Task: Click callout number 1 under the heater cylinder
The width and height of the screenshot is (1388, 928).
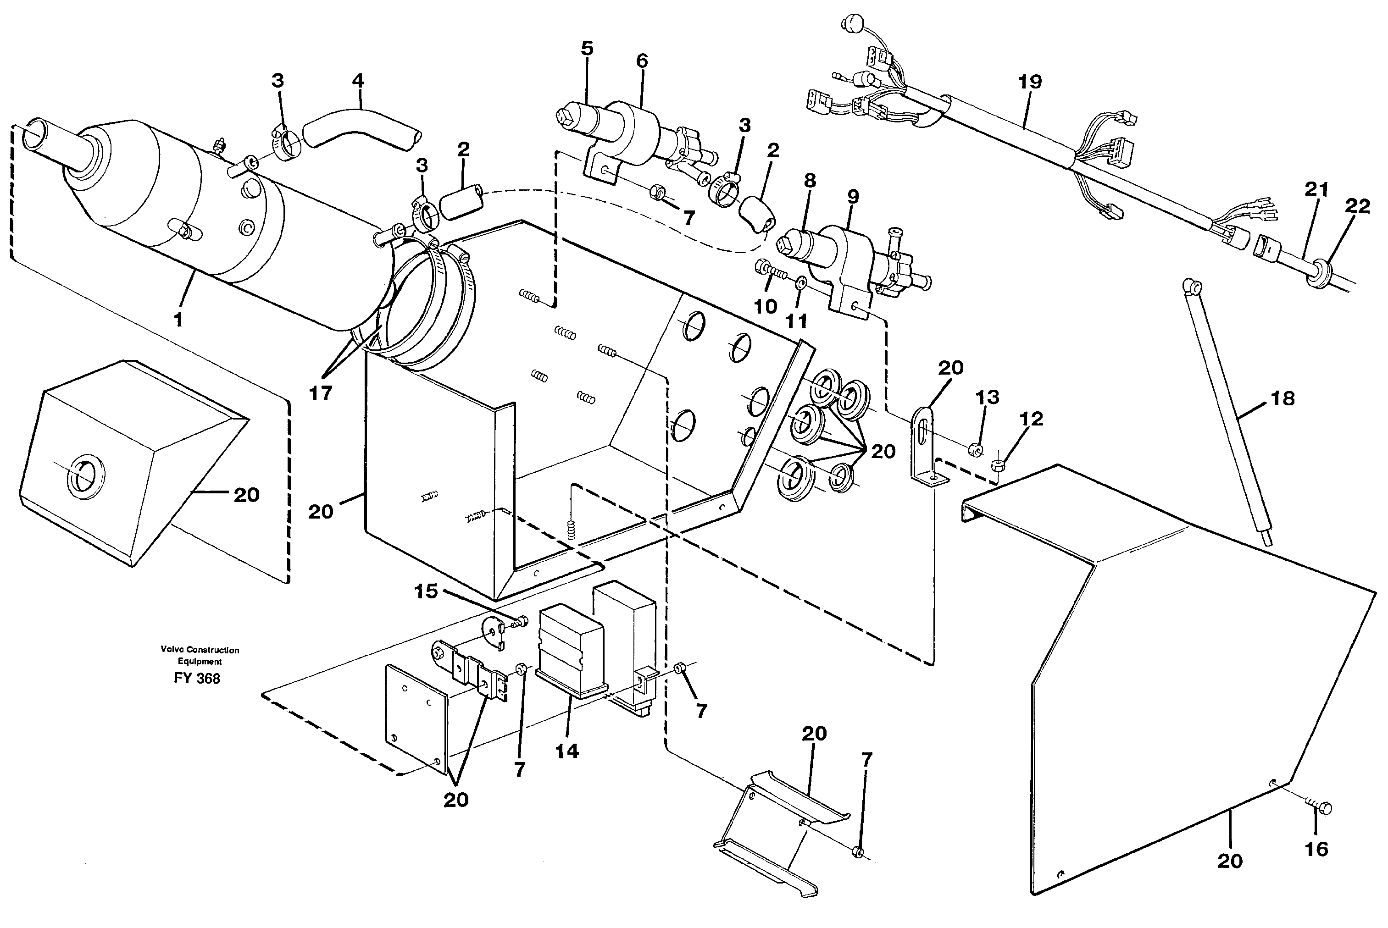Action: tap(178, 320)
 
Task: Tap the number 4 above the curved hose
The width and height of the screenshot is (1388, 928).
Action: tap(358, 81)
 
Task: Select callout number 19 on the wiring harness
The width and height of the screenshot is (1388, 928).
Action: tap(1030, 82)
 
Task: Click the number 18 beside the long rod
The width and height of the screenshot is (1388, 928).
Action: tap(1283, 398)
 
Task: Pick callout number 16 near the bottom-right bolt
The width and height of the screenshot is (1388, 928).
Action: tap(1317, 849)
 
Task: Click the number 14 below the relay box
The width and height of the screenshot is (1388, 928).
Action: tap(566, 751)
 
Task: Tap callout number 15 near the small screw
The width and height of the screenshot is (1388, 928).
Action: tap(426, 591)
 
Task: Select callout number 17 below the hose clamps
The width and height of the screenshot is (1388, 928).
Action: tap(321, 392)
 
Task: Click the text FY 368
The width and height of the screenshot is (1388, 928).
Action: tap(197, 678)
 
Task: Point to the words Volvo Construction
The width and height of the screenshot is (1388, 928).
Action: tap(200, 650)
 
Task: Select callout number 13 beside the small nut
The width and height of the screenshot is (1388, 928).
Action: tap(987, 397)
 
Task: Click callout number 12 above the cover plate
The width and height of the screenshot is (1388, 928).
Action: tap(1031, 419)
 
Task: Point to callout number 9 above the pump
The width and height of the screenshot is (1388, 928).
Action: tap(852, 197)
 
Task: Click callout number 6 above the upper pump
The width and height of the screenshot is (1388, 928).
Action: tap(642, 61)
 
